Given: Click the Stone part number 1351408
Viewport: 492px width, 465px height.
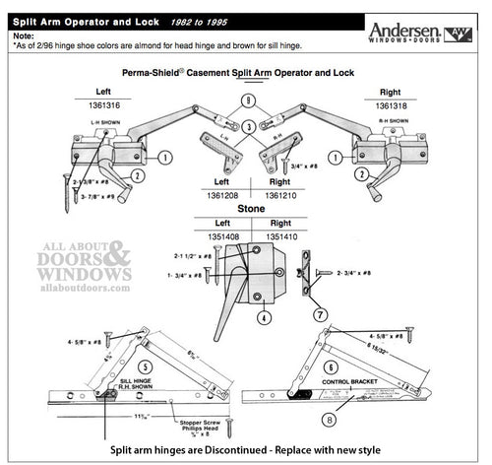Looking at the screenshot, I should tap(222, 235).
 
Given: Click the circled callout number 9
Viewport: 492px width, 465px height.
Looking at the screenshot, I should tap(248, 100).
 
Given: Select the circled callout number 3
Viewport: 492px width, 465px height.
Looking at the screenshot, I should tap(248, 126).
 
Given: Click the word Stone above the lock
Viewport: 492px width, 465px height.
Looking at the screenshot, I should tap(248, 210).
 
